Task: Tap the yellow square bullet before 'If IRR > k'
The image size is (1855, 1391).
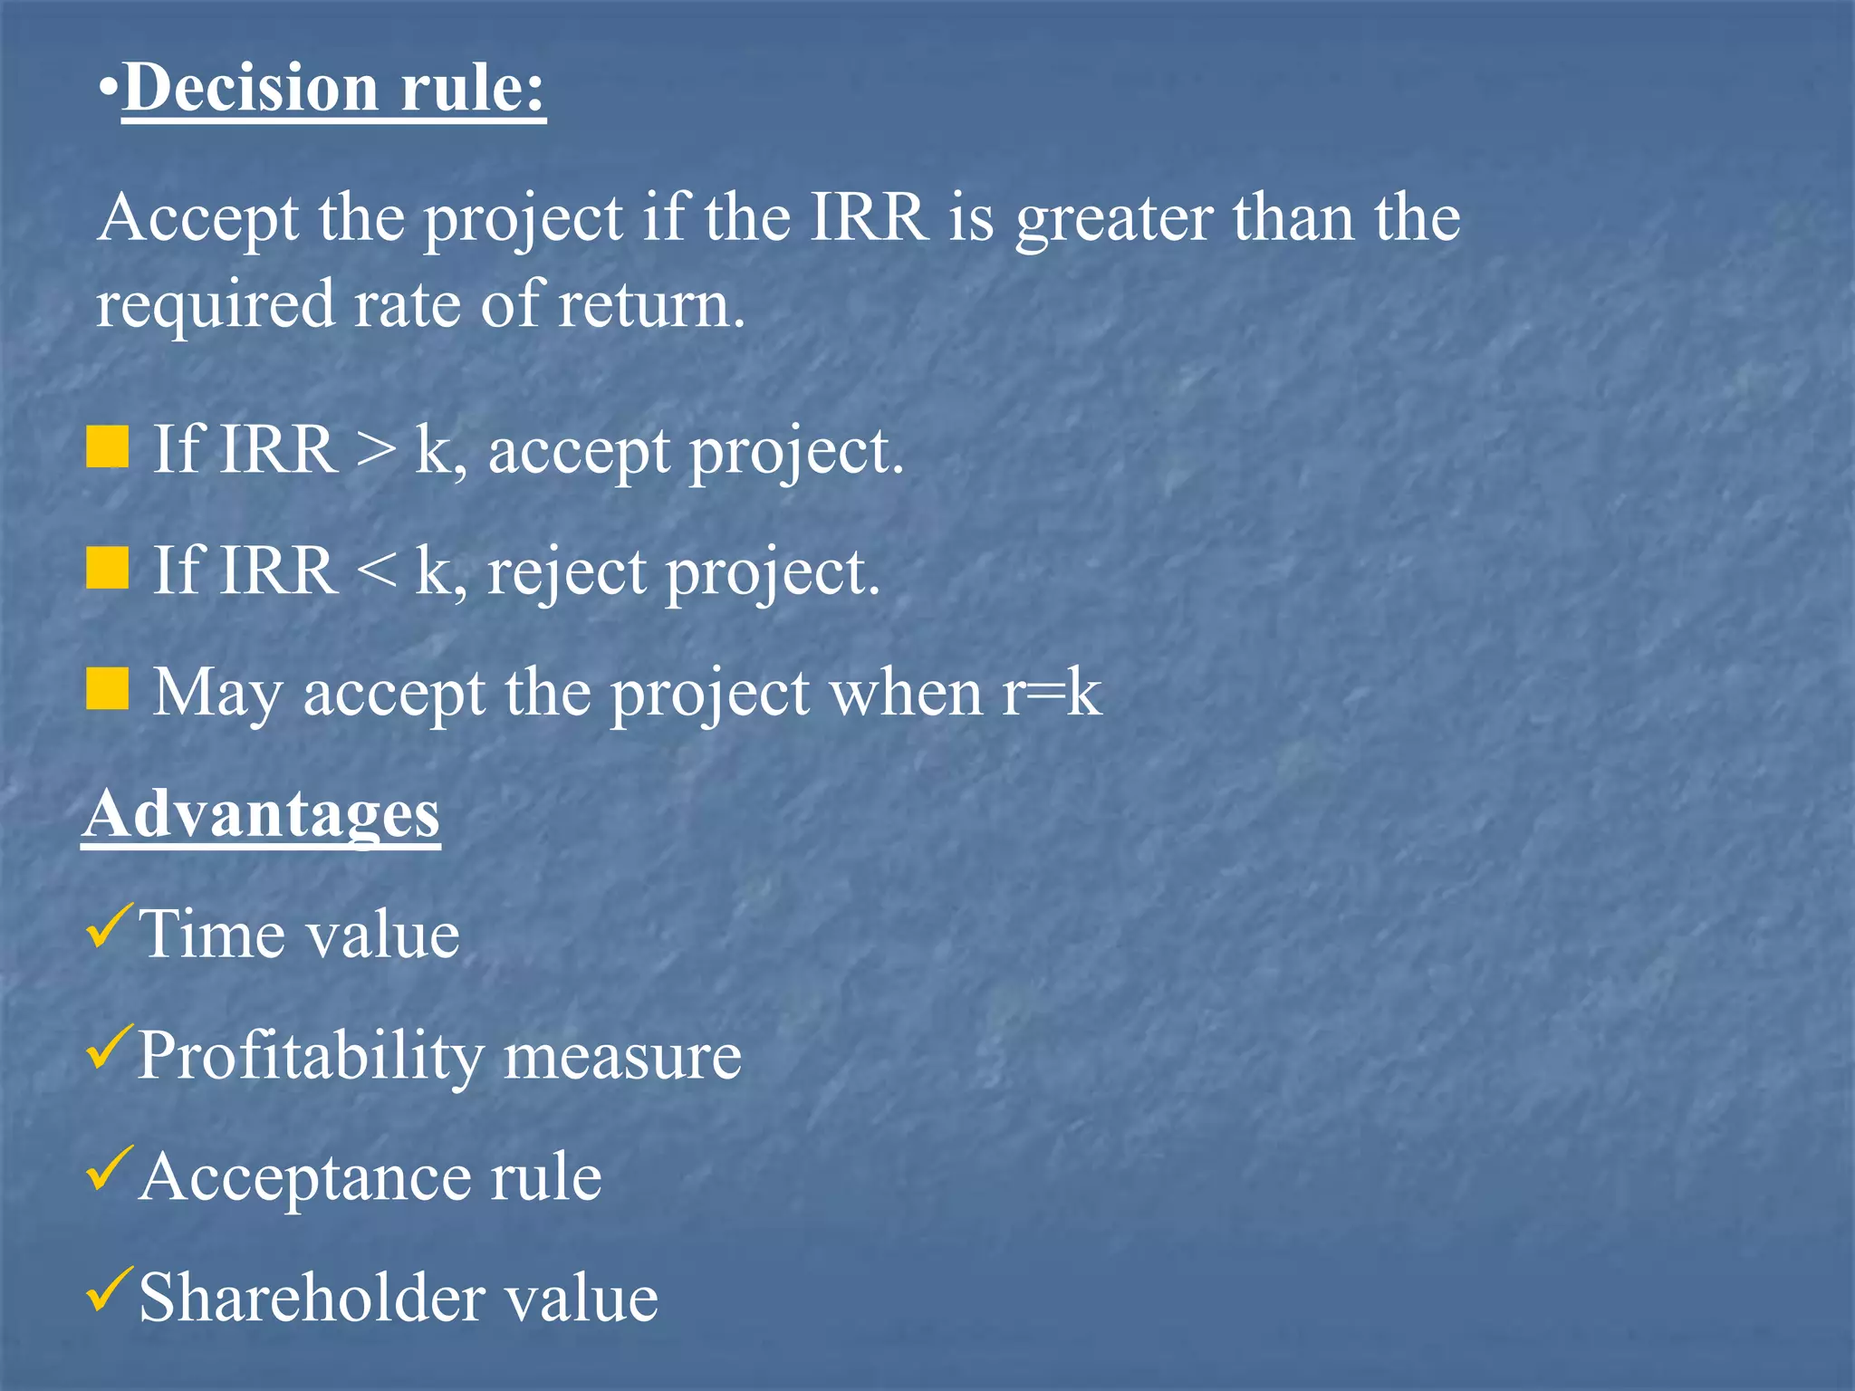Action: [x=108, y=448]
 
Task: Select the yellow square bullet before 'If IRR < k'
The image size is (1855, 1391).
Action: [x=108, y=569]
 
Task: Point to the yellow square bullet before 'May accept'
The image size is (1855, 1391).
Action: [x=108, y=689]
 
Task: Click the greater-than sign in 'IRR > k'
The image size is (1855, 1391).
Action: [x=376, y=450]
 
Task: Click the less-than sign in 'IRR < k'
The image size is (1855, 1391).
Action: [x=376, y=571]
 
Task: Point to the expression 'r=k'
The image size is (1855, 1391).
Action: [x=1052, y=693]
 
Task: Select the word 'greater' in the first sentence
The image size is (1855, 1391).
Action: [x=1113, y=220]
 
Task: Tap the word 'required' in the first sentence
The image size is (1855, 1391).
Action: [x=216, y=306]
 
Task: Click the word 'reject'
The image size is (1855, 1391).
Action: [x=566, y=574]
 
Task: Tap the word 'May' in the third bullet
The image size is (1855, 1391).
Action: [x=216, y=694]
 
